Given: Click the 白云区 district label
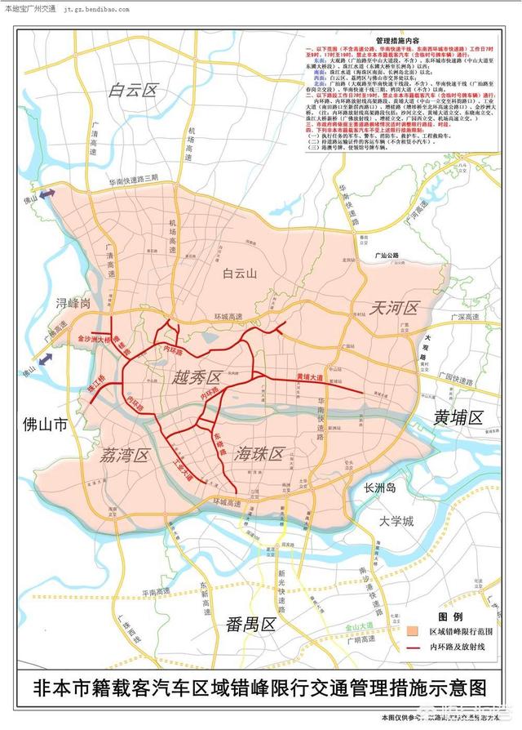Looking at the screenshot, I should [132, 91].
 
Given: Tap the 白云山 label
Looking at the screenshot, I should [240, 275].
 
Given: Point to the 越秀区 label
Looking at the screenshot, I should [197, 377].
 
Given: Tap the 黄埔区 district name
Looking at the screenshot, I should [459, 417].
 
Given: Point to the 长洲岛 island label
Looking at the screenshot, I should [379, 488].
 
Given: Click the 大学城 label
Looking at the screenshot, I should [397, 520].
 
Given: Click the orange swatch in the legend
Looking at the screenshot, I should [414, 630].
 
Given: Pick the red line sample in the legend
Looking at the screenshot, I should [414, 646].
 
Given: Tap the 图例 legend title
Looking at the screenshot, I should [450, 616].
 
